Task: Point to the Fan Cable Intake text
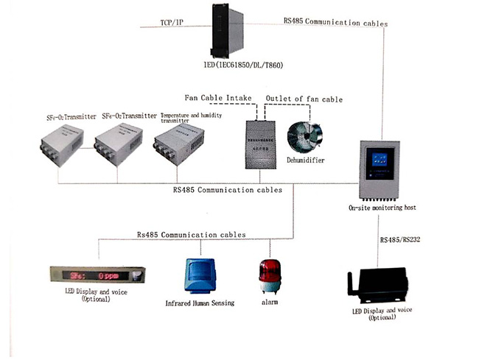(x=218, y=99)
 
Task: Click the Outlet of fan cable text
(x=304, y=99)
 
